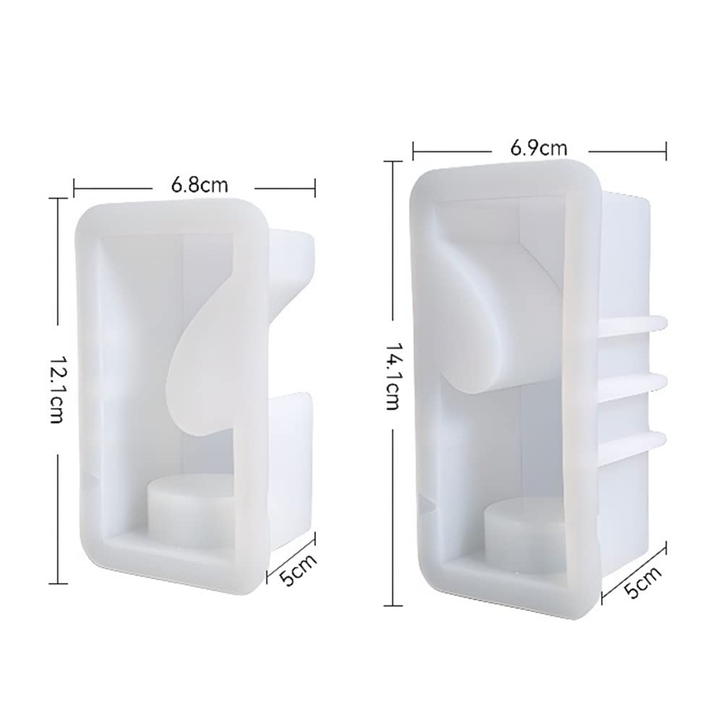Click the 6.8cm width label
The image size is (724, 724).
tap(200, 185)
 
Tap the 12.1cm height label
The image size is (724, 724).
tap(56, 389)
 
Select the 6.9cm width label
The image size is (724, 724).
tap(538, 148)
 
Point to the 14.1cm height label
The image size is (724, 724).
tap(391, 376)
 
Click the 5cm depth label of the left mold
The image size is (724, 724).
tap(299, 569)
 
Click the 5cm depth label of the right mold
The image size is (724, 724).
tap(642, 582)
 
